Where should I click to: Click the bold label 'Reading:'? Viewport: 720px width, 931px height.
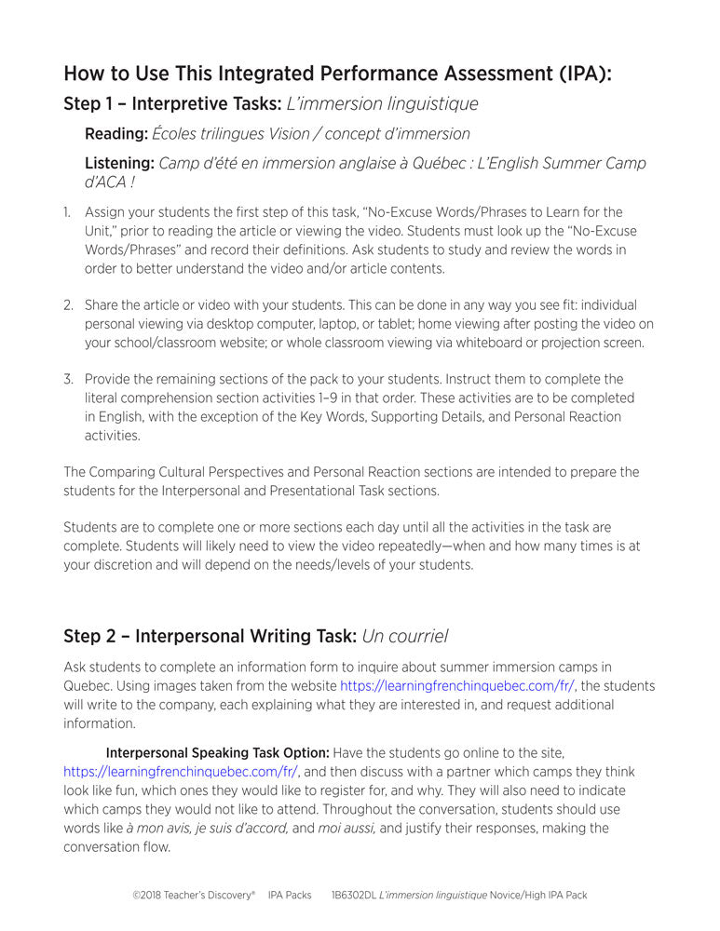tap(115, 134)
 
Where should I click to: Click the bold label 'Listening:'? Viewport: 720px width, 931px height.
tap(120, 164)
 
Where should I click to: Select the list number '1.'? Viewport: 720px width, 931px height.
tap(67, 213)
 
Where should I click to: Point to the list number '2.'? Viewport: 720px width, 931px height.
tap(68, 305)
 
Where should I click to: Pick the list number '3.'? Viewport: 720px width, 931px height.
tap(68, 380)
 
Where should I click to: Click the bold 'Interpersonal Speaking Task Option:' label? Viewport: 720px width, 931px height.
tap(217, 753)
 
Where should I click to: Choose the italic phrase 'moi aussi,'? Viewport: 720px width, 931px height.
tap(347, 829)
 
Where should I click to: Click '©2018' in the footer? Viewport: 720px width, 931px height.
tap(150, 896)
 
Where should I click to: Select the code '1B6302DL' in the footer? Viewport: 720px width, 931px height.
tap(354, 896)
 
